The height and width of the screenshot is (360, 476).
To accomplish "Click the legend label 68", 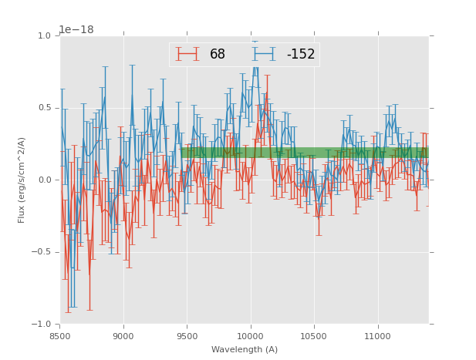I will pos(218,55).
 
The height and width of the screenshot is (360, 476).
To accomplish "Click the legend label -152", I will pos(301,55).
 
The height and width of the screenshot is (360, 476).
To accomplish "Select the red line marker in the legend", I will pos(187,55).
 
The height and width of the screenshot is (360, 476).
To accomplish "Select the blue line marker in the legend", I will pos(264,55).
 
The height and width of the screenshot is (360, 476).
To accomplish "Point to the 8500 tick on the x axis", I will pos(60,335).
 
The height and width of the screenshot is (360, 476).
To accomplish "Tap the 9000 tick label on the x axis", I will pos(123,335).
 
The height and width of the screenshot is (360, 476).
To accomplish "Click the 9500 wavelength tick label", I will pos(187,335).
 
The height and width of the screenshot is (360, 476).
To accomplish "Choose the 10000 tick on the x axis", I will pos(250,335).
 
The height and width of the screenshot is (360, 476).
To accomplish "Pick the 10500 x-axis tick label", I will pos(313,335).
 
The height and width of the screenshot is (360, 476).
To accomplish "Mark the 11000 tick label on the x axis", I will pos(376,335).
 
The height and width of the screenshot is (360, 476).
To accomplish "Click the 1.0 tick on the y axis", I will pos(44,36).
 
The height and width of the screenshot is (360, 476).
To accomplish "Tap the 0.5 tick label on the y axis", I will pos(44,108).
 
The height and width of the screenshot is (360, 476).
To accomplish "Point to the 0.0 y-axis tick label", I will pos(44,180).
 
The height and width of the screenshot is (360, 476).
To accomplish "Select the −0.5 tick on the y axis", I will pos(42,252).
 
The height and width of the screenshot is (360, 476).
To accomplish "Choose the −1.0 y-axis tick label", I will pos(42,324).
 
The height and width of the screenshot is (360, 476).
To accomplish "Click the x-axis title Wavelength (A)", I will pos(245,349).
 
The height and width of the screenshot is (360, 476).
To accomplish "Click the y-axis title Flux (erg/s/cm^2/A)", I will pos(22,180).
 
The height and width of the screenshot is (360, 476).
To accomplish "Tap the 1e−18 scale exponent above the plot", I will pos(76,30).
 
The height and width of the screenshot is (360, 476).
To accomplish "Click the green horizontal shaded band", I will pos(305,153).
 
